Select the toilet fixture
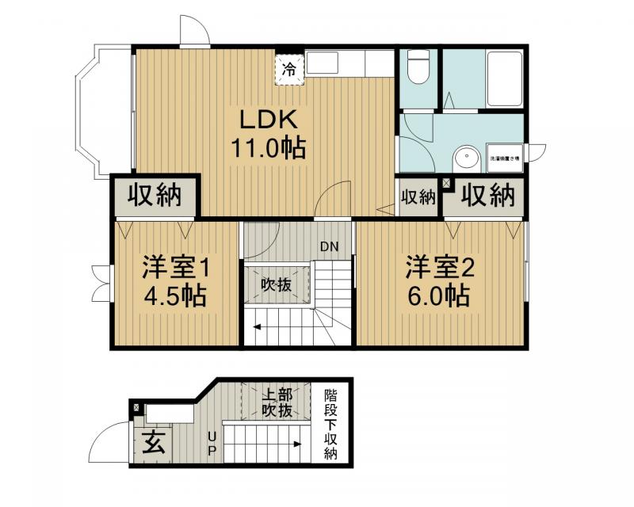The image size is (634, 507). point(418,71)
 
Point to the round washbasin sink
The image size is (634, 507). point(468,159)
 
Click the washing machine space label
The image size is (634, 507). point(504,159)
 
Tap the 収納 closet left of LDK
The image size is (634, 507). point(155,195)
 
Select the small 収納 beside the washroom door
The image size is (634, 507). point(418,196)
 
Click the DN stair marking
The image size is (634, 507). point(330,246)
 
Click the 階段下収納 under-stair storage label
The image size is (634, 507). point(330,424)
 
